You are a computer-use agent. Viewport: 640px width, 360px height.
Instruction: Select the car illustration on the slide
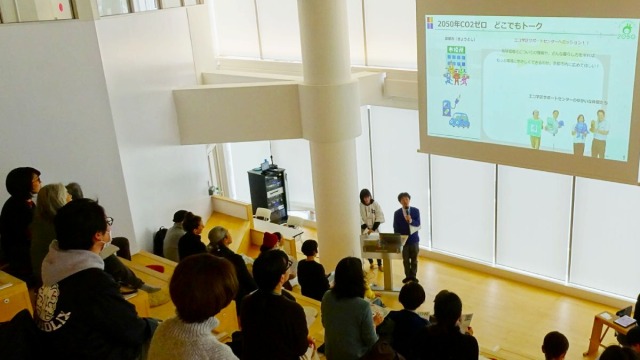459,120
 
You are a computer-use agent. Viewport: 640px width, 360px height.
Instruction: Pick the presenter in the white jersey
371,219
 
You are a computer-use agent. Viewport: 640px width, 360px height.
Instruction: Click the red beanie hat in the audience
270,240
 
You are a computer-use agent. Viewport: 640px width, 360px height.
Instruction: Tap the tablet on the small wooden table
626,319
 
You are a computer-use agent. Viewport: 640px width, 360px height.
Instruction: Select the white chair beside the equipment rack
261,214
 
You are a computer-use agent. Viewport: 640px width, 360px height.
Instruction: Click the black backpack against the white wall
159,240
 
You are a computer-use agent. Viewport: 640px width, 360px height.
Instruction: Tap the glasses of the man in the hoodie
106,221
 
